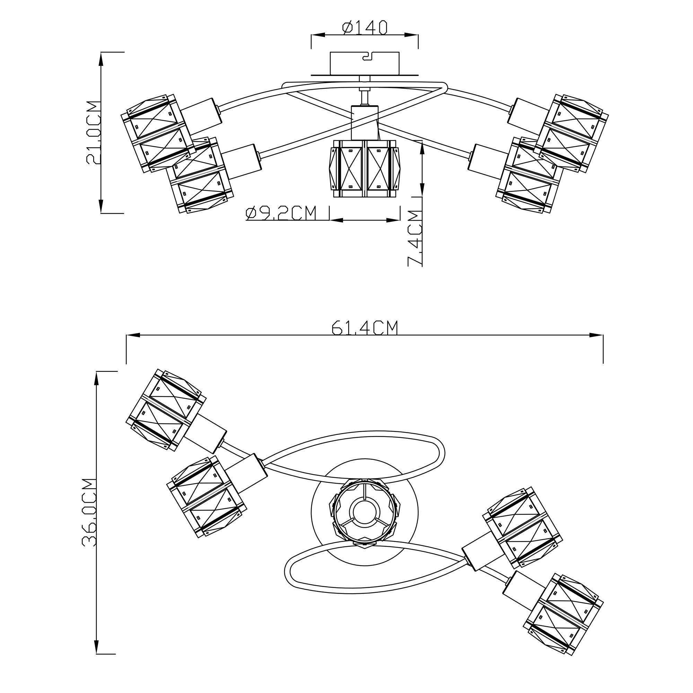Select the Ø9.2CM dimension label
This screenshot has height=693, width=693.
(x=281, y=213)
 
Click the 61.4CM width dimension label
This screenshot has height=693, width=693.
(x=365, y=327)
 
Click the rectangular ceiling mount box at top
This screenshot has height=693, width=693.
(x=365, y=63)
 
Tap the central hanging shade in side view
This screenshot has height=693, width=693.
(x=365, y=168)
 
